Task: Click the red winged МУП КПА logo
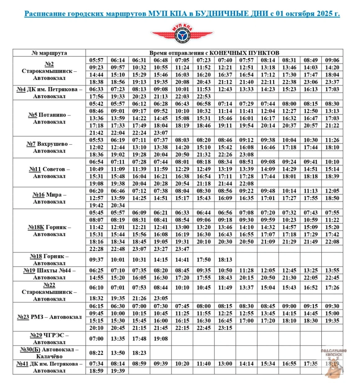tap(182, 34)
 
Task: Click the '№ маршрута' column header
tap(49, 53)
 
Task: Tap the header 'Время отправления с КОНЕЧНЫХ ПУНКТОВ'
tap(214, 53)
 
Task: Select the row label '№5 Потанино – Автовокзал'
tap(49, 118)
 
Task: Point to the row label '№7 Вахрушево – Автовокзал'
tap(49, 147)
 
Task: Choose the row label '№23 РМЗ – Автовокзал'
tap(49, 317)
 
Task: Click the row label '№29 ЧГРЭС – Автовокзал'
tap(49, 339)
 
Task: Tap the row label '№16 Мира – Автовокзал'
tap(49, 198)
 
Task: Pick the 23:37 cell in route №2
tap(332, 82)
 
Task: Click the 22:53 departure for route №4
tap(204, 96)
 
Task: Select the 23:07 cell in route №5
tap(161, 133)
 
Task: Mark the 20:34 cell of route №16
tap(118, 205)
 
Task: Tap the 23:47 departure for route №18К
tap(182, 249)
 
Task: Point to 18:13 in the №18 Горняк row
tap(225, 260)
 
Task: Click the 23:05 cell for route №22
tap(161, 298)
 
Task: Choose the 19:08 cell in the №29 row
tap(161, 339)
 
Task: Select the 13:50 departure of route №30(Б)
tap(118, 353)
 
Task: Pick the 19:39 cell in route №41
tap(118, 371)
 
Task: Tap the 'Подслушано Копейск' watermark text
tap(334, 353)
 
